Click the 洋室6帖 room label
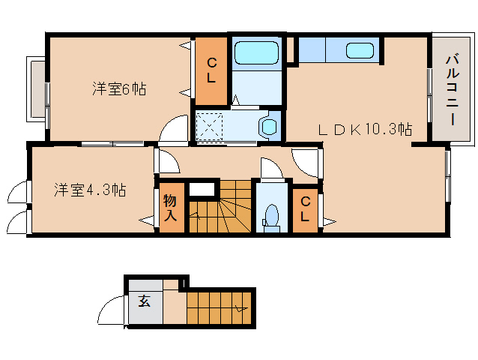pos(119,89)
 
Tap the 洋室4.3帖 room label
pos(90,190)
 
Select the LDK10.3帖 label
pos(365,129)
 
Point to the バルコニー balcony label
pos(453,90)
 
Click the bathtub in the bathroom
pos(257,52)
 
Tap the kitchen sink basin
pos(360,50)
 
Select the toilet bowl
pos(272,217)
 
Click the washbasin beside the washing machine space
pos(268,126)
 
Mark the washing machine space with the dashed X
pos(210,126)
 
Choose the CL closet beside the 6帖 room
pos(211,71)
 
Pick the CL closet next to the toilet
pos(305,209)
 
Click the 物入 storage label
pos(170,208)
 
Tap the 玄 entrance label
pos(144,301)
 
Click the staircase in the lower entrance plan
pos(220,308)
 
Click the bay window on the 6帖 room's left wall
pos(37,89)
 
